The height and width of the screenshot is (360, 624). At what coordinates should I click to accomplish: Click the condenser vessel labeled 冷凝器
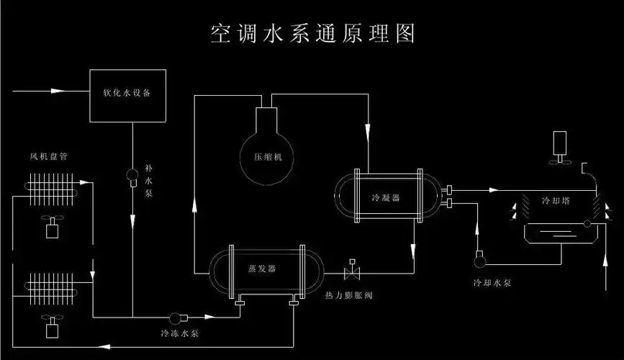pos(386,196)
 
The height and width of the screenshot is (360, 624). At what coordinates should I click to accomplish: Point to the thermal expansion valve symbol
pos(353,273)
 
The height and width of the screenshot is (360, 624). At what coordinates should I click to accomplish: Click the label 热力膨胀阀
pos(349,296)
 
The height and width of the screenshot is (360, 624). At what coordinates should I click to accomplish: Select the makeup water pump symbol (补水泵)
pos(133,175)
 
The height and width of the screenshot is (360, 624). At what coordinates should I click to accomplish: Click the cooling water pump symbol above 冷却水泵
pos(479,256)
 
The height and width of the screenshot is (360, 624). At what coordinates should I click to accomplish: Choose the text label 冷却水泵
pos(493,283)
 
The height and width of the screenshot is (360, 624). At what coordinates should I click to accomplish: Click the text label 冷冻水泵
pos(180,334)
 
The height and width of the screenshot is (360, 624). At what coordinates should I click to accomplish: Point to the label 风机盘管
pos(49,156)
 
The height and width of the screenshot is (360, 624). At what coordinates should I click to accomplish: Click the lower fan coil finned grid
pos(53,287)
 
